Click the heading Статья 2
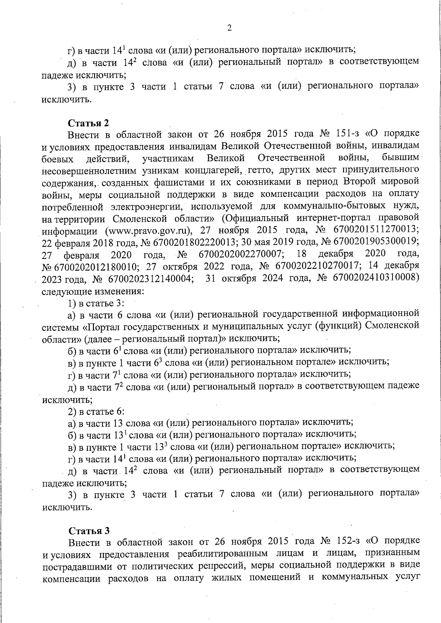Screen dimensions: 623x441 (x=89, y=123)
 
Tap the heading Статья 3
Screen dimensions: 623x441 (x=89, y=530)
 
